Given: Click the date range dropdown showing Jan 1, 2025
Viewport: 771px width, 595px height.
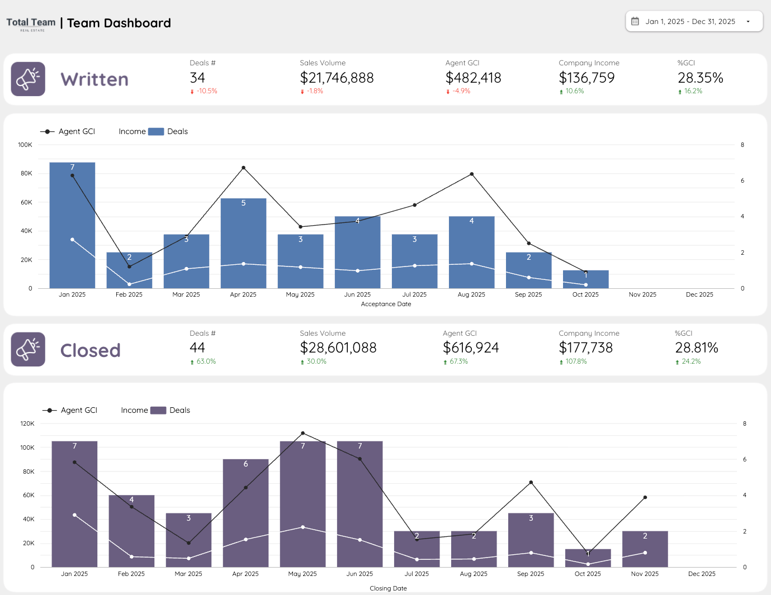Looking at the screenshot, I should click(x=693, y=22).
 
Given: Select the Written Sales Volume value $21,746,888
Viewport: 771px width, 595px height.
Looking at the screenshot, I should click(x=337, y=78).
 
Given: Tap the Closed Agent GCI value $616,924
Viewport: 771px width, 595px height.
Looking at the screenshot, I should click(x=471, y=348).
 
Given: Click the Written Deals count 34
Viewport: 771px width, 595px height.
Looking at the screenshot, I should click(x=197, y=78).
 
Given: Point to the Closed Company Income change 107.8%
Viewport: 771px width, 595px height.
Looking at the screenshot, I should click(x=576, y=361).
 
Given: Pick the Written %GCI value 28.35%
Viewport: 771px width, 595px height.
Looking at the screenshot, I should click(x=700, y=78).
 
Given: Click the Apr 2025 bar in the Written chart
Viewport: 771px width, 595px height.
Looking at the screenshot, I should click(x=243, y=246).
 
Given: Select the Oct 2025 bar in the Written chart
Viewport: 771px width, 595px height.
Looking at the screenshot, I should click(x=585, y=280).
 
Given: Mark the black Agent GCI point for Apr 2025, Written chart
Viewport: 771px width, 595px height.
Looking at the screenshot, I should click(x=243, y=168).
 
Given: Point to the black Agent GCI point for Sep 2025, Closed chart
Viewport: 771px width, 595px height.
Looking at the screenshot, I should click(x=531, y=482).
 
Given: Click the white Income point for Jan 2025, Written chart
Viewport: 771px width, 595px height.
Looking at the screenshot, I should click(x=72, y=240).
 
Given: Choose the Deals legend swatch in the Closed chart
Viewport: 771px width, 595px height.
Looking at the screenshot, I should click(x=158, y=410).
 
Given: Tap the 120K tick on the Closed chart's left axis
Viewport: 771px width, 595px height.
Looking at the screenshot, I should click(x=27, y=423).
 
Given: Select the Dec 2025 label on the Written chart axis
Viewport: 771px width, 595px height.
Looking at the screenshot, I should click(x=699, y=294).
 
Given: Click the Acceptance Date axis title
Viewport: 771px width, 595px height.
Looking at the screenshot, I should click(x=386, y=304).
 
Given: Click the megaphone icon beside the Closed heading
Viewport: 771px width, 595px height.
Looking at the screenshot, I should click(x=28, y=350).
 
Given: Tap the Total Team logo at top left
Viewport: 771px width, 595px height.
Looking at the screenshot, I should click(x=31, y=23).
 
